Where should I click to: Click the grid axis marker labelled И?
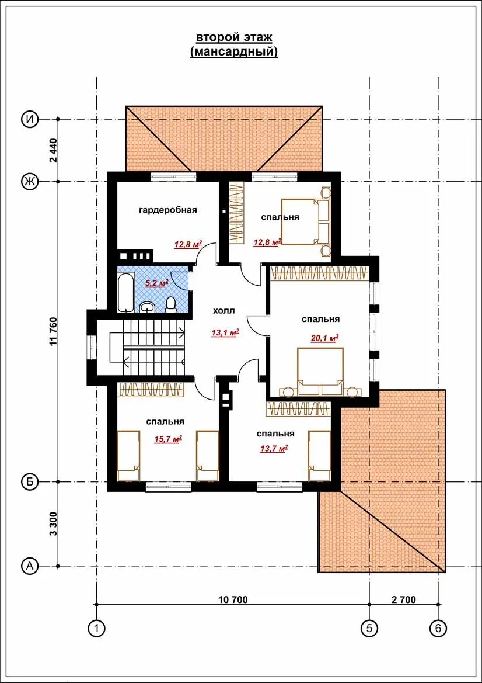point(30,119)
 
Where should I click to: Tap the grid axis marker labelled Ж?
point(30,181)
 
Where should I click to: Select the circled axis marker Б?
point(30,482)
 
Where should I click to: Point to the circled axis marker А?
point(30,566)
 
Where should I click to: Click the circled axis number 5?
point(369,627)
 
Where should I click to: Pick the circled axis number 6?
point(438,627)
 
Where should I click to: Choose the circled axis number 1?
point(96,627)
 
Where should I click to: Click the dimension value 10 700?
point(233,599)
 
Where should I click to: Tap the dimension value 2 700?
point(404,599)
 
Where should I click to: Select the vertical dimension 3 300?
point(54,524)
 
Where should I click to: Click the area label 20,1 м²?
point(324,338)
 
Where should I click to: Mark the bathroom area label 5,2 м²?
point(156,283)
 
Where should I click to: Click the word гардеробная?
point(168,210)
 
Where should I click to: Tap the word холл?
point(224,310)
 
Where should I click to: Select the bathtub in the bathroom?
point(126,292)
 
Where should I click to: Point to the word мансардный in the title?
point(234,52)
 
